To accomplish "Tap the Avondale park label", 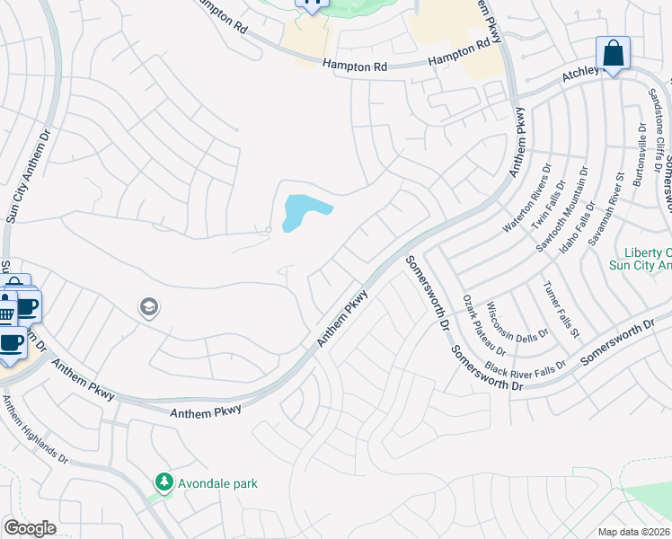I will point(217,483).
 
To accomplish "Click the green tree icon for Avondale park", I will point(164,483).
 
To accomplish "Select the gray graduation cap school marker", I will point(148,309).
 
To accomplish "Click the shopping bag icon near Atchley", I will point(613,54).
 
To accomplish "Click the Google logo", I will point(29,528).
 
